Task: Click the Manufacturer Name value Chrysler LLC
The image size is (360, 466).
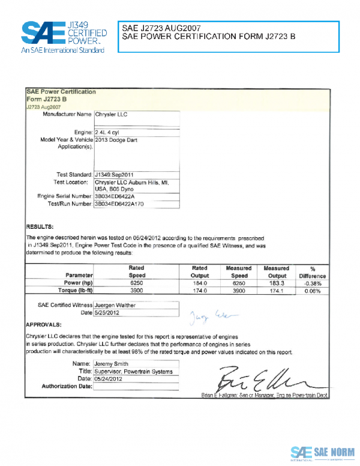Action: point(112,114)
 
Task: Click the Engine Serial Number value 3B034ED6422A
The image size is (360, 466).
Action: point(115,196)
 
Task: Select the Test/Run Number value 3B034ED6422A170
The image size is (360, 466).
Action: point(119,204)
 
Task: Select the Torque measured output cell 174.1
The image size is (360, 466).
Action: point(275,291)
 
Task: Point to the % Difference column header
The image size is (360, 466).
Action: point(312,272)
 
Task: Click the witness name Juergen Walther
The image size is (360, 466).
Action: point(115,305)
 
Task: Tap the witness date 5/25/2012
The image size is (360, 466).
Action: point(107,313)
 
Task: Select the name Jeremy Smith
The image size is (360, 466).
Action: point(112,364)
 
